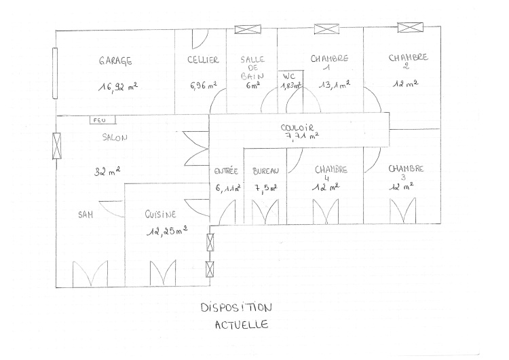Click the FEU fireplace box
[x=102, y=120]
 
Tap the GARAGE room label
[x=115, y=60]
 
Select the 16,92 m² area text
[x=118, y=87]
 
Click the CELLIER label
[x=203, y=60]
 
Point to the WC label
[x=289, y=76]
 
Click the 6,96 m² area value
[x=203, y=86]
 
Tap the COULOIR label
[x=297, y=128]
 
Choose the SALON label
[x=115, y=137]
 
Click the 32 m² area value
[x=107, y=171]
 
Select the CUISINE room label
[x=160, y=214]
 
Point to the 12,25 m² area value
[x=167, y=231]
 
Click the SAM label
[x=86, y=215]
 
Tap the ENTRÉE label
[x=226, y=171]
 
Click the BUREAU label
[x=266, y=171]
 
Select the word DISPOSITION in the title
[x=236, y=308]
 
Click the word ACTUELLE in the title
[x=242, y=325]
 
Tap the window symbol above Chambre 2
[x=411, y=27]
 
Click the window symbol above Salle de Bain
[x=248, y=29]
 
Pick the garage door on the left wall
[x=55, y=73]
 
